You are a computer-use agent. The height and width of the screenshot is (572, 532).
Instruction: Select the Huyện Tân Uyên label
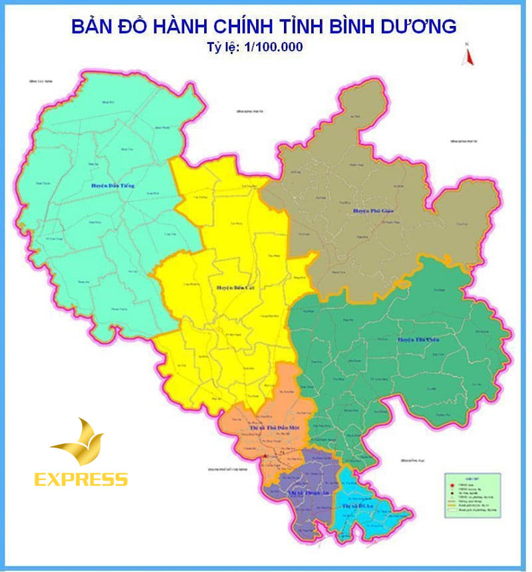419,339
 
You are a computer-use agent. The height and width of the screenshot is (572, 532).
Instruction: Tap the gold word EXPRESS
81,478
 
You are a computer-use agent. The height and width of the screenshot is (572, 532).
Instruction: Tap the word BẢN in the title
93,27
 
